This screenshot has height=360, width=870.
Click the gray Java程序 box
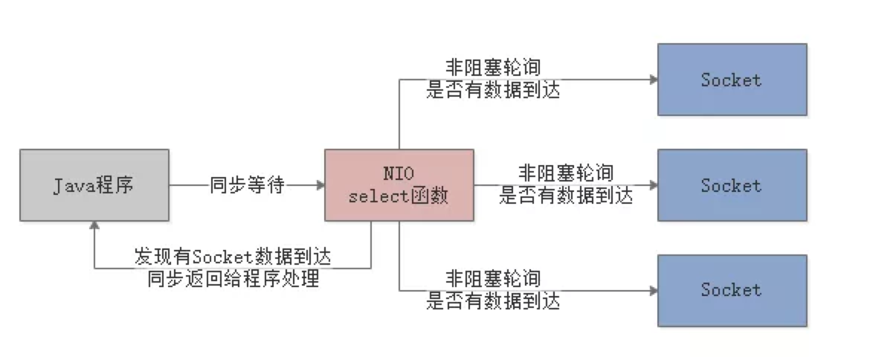94,185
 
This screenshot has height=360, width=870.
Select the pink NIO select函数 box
399,185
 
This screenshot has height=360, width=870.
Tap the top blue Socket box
732,80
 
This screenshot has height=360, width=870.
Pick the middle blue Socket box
732,185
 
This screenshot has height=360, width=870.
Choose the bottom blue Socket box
732,290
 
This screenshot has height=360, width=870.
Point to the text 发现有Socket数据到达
233,257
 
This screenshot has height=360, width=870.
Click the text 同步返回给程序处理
233,279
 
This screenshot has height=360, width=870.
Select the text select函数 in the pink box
399,197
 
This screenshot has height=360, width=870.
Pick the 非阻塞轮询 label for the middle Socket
566,174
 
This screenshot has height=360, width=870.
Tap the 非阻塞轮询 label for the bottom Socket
493,279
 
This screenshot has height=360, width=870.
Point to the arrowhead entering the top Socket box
653,80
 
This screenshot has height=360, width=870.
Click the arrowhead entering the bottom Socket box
653,290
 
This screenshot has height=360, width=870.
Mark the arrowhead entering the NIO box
320,185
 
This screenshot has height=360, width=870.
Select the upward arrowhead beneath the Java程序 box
94,226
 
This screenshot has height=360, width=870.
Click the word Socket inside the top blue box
732,80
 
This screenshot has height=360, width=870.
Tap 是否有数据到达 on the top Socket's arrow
493,90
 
